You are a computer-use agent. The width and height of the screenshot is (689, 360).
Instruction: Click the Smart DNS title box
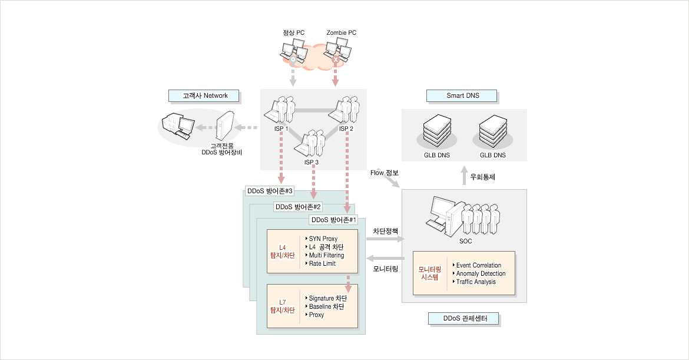[461, 96]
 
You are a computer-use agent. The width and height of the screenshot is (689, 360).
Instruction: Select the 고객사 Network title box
[204, 96]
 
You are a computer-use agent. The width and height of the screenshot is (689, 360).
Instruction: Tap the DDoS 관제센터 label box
[463, 318]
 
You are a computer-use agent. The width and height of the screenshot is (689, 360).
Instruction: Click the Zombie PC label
[342, 32]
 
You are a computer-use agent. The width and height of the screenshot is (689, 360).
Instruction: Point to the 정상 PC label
[293, 32]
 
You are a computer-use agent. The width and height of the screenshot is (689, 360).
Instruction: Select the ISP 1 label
[281, 129]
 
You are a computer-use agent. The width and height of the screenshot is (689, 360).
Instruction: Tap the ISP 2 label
[346, 129]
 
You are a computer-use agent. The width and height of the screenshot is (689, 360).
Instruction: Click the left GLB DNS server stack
[437, 131]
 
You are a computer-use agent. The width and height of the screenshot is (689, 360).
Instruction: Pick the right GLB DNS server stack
[492, 131]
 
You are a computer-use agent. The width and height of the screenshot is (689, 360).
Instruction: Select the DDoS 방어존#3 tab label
[270, 191]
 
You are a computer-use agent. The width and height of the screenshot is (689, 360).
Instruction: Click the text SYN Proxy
[323, 239]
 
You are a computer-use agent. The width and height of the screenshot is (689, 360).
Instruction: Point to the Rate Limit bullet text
[322, 264]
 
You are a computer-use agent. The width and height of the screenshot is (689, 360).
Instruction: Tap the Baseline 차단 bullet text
[326, 307]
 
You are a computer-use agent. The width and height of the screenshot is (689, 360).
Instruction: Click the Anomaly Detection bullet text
[481, 273]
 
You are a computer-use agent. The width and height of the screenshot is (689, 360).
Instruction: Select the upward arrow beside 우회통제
[464, 176]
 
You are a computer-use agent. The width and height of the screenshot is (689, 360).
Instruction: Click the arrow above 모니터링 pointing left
[385, 258]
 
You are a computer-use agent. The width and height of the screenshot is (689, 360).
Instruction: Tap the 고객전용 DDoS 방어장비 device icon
[223, 125]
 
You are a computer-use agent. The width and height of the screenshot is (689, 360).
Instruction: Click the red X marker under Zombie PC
[336, 60]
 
